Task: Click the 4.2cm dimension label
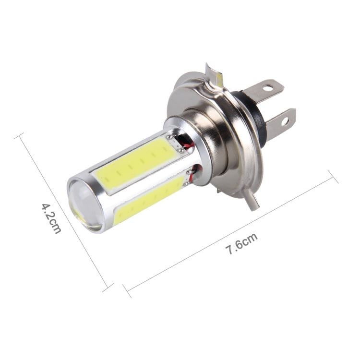point(51,218)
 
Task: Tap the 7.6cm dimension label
point(242,244)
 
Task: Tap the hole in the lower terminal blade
point(286,121)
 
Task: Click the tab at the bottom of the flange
point(252,199)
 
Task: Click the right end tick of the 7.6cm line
point(334,177)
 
